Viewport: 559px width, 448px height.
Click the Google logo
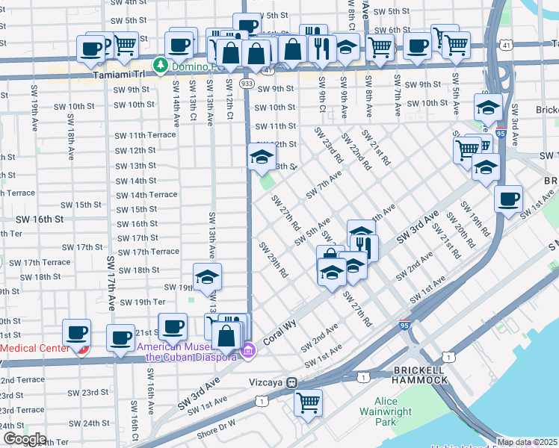24,439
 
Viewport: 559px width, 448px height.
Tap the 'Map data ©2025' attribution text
528,442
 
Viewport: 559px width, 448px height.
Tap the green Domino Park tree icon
159,66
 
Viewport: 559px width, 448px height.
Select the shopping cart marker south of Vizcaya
308,403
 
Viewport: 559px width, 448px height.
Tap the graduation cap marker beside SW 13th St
262,158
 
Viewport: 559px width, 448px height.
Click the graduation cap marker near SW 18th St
207,278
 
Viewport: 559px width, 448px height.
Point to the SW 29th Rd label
273,260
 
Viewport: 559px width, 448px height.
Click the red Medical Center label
34,348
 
